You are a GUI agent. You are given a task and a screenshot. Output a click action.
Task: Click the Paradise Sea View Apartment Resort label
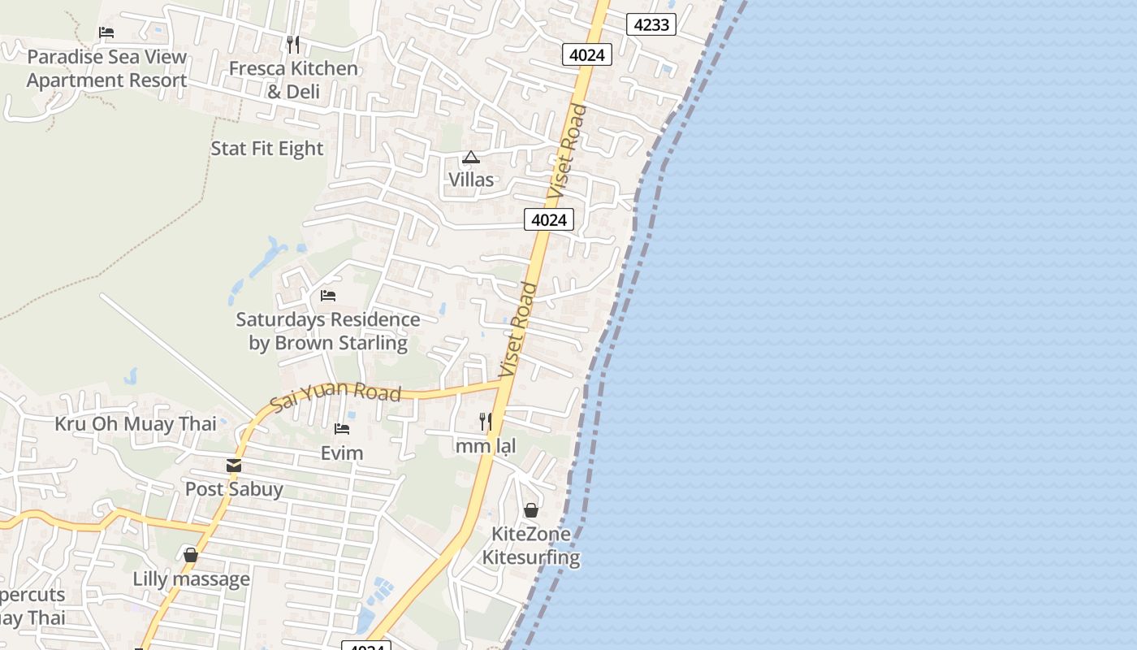tap(106, 69)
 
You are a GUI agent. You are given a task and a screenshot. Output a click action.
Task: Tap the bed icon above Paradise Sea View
tap(106, 32)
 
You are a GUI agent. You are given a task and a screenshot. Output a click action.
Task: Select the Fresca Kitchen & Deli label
tap(293, 80)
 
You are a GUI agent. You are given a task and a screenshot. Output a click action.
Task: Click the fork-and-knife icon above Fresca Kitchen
tap(293, 44)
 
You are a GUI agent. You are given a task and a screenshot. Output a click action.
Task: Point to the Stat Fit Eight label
tap(266, 149)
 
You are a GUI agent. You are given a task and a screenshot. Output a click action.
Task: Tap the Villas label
tap(471, 180)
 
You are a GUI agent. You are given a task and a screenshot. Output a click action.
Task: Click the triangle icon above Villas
tap(471, 157)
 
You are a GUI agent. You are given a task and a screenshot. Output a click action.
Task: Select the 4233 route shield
tap(651, 24)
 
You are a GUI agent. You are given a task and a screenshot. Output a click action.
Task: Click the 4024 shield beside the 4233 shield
tap(586, 54)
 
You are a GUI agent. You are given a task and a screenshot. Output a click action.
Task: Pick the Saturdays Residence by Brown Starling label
tap(328, 331)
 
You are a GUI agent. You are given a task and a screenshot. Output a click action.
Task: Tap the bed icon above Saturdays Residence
tap(328, 296)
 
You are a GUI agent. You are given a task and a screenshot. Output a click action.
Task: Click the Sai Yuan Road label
tap(335, 395)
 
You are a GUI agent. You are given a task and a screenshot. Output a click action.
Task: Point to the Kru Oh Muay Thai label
tap(136, 424)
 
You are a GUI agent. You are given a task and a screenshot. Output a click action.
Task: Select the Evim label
tap(342, 453)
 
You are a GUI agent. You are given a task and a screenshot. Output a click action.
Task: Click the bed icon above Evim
tap(342, 429)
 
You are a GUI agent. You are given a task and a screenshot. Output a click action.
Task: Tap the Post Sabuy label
tap(234, 489)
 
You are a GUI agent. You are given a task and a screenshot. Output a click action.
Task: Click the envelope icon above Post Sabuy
tap(234, 466)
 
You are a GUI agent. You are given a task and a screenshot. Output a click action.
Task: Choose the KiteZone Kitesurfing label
tap(531, 545)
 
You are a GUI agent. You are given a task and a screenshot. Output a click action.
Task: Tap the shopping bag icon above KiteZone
tap(531, 510)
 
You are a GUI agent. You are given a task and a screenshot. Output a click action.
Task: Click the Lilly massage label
tap(192, 579)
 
